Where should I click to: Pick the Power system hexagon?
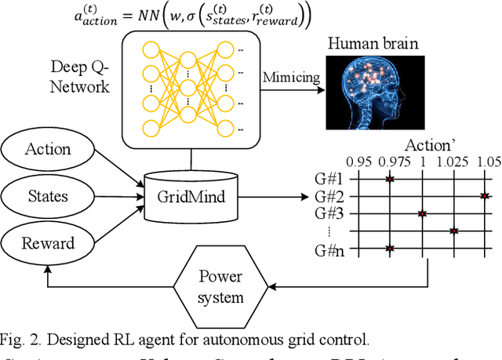coord(220,287)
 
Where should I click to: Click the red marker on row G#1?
coord(390,180)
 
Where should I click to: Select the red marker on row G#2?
coord(485,196)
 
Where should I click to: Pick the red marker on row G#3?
coord(422,213)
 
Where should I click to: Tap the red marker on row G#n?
coord(390,248)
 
